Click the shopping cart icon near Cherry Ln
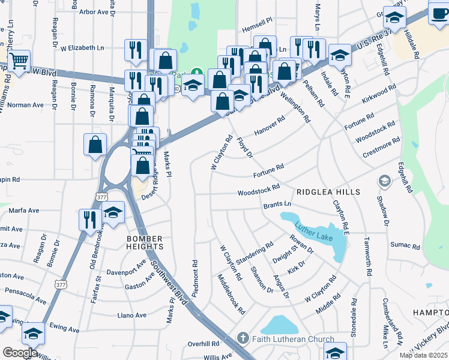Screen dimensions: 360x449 [19, 61]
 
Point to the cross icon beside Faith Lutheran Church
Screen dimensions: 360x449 [243, 339]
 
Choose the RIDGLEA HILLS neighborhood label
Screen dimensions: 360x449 [328, 192]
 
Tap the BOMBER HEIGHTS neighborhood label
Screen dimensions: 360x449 [145, 242]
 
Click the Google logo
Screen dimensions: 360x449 [20, 353]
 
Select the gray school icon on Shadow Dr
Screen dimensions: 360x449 [384, 181]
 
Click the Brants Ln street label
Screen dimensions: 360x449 [277, 205]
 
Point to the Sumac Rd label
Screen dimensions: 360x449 [405, 246]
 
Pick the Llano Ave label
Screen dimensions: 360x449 [132, 315]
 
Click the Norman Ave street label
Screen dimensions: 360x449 [25, 105]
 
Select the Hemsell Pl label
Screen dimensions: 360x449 [257, 28]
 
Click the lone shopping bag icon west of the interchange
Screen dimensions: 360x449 [95, 145]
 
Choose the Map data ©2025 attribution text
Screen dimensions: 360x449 [423, 355]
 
